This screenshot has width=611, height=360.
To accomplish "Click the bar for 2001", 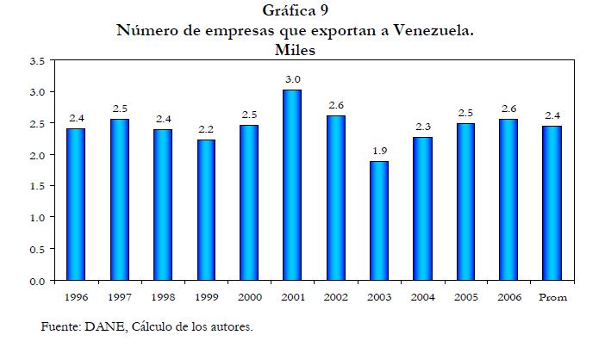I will [x=292, y=185].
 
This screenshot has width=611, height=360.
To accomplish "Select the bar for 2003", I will [x=378, y=220].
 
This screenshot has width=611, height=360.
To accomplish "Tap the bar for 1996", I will [x=76, y=204].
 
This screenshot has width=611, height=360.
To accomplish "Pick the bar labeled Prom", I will [x=552, y=203].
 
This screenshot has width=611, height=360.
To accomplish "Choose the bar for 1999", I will [x=205, y=210].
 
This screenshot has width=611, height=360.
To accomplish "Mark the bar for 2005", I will [x=465, y=202].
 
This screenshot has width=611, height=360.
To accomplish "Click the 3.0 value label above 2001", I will [x=292, y=79].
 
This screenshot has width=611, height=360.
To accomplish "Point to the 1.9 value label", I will [x=378, y=151].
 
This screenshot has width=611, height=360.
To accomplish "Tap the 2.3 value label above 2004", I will [x=422, y=127].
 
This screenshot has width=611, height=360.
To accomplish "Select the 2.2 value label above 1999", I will [x=205, y=129].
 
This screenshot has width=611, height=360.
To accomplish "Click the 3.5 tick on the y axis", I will [x=36, y=60].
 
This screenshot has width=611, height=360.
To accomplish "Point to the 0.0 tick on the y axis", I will [x=36, y=281].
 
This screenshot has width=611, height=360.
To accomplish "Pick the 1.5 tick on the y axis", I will [x=36, y=186].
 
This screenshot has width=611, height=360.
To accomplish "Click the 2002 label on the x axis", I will [x=335, y=297].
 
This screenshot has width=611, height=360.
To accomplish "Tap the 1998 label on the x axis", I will [x=162, y=297].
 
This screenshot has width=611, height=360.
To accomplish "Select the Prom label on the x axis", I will [x=552, y=297].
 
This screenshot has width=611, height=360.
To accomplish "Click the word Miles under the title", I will [x=296, y=50].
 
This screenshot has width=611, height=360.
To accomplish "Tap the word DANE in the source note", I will [x=98, y=326].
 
